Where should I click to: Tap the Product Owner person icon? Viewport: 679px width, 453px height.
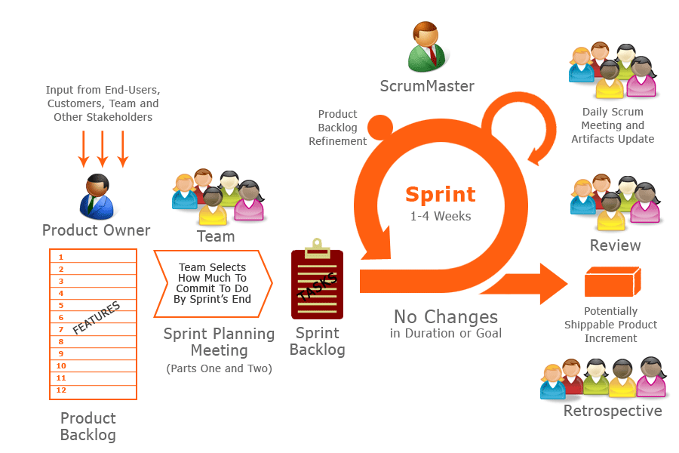(x=97, y=196)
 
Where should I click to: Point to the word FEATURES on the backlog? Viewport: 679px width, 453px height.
(x=97, y=319)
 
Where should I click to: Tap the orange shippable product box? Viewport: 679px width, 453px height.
(x=612, y=282)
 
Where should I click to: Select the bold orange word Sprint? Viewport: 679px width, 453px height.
(x=441, y=194)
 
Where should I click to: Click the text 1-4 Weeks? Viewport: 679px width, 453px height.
(x=441, y=216)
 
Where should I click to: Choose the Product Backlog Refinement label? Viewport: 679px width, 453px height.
(x=338, y=128)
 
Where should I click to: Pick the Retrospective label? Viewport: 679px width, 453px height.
(x=613, y=411)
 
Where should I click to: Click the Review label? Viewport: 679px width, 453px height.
(x=615, y=245)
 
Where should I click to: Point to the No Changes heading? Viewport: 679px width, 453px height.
(x=446, y=316)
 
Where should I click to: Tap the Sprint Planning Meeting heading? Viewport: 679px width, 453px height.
(x=219, y=342)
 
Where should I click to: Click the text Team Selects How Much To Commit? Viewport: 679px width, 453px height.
(x=212, y=283)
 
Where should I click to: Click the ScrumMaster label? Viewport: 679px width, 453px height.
(x=427, y=86)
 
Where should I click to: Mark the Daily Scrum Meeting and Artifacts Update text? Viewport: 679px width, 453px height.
(x=613, y=125)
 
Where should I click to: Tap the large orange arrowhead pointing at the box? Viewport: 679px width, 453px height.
(x=552, y=283)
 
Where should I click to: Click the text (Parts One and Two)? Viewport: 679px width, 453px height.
(x=219, y=368)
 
